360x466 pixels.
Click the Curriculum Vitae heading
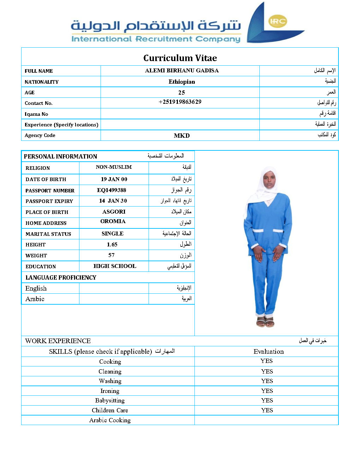[180, 58]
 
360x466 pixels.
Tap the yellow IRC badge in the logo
[277, 21]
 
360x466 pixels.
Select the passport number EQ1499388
[112, 190]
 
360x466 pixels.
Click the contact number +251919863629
[180, 102]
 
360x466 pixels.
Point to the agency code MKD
[182, 136]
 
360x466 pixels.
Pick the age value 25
[181, 92]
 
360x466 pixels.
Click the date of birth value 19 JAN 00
[114, 179]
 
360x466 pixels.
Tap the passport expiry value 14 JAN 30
[113, 201]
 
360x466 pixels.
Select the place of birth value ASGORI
[114, 212]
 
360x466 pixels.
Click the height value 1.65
[112, 245]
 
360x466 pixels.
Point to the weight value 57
[112, 255]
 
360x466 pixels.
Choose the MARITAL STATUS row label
[48, 234]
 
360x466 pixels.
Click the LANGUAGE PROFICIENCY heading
[61, 278]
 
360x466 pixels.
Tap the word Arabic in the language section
[35, 299]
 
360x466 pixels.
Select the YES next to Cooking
[266, 361]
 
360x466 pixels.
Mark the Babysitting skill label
[110, 401]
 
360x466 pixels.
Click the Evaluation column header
[269, 352]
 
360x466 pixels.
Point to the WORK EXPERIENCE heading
[58, 341]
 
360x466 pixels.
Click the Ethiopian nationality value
[182, 82]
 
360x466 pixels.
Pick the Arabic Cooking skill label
[110, 420]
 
